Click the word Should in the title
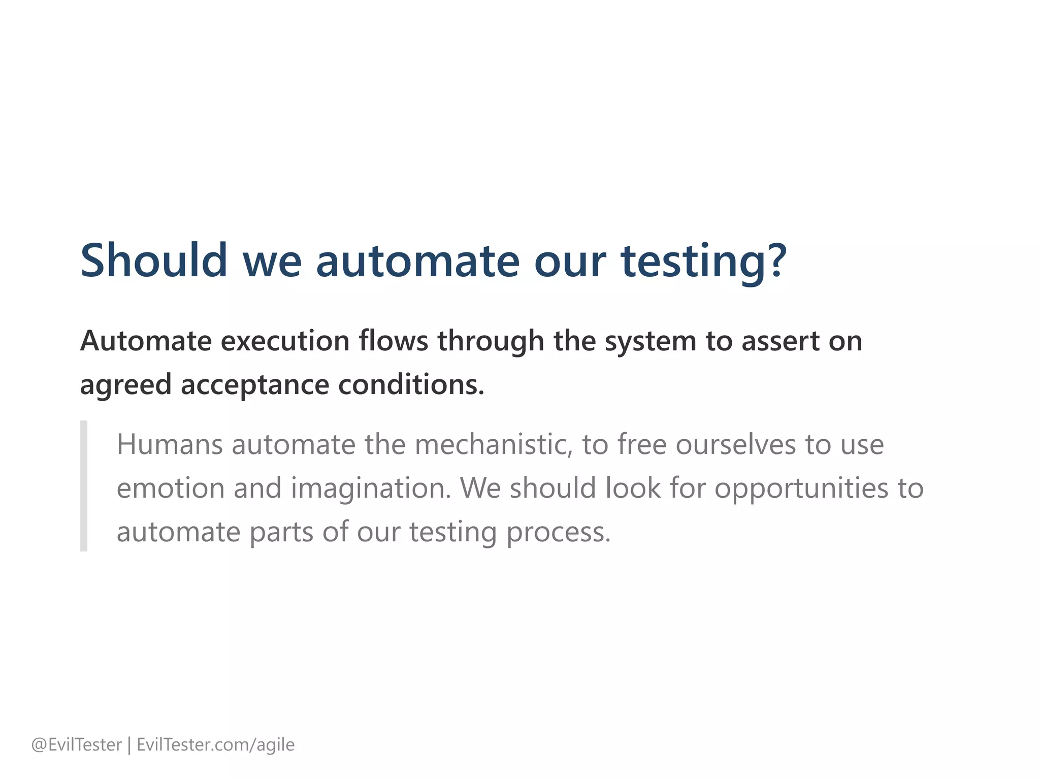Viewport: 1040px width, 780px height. [x=154, y=261]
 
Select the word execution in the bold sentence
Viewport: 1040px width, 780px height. [x=285, y=341]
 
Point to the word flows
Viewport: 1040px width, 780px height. [x=394, y=341]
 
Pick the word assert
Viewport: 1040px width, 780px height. [x=781, y=342]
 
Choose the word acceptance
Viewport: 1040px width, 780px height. [x=255, y=385]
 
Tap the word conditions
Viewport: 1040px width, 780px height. [x=411, y=384]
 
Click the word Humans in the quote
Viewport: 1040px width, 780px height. [x=170, y=444]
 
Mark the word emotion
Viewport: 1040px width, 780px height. [x=171, y=488]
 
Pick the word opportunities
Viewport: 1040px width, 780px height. [x=801, y=489]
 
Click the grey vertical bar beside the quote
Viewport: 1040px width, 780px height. [x=84, y=485]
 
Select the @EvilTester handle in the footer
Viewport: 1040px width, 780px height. [x=77, y=744]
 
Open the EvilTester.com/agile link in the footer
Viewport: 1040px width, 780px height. [x=216, y=745]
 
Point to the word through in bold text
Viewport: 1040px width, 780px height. [x=491, y=342]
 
